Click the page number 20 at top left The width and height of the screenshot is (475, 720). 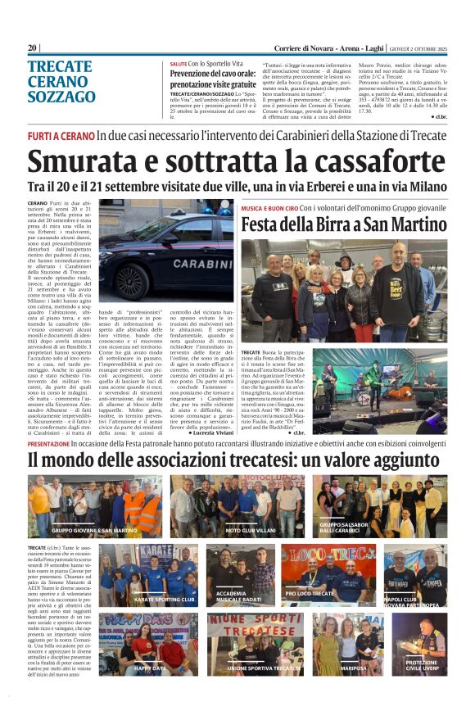point(32,48)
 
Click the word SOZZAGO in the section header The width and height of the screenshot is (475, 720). point(61,97)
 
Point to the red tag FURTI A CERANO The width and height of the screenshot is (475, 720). point(60,135)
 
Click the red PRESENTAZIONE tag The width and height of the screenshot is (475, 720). point(59,443)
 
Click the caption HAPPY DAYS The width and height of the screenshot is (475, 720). point(151,668)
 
